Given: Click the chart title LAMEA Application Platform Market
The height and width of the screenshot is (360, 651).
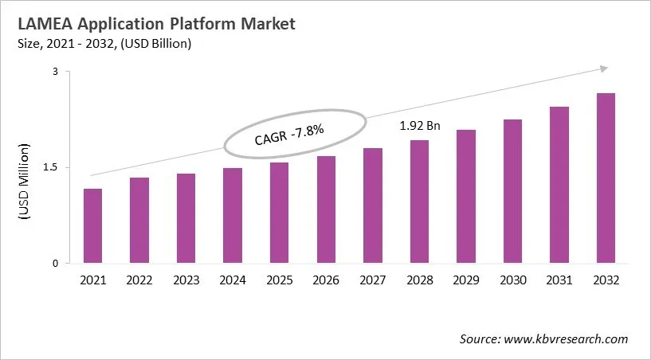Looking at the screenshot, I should (151, 24).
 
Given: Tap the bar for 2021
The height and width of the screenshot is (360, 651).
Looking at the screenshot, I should (92, 226).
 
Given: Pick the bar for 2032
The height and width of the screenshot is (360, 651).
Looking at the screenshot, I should (606, 178).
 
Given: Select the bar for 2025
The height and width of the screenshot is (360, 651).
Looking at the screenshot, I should (279, 213).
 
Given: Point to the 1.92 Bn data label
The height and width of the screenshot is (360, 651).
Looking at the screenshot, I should (419, 126).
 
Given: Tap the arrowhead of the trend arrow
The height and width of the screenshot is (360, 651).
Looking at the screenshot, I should (605, 69).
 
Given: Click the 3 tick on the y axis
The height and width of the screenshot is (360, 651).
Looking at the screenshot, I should (56, 72).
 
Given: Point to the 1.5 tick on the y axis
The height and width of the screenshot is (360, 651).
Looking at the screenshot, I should (51, 167).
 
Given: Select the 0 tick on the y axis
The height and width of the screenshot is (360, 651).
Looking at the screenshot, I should (56, 264).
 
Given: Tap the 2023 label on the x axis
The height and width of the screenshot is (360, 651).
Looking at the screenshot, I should (186, 280).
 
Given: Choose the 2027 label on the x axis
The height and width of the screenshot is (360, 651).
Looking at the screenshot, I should (372, 280).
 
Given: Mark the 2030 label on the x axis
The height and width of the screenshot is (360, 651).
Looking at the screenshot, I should (512, 280).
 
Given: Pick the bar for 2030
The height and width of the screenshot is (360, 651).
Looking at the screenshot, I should (512, 191).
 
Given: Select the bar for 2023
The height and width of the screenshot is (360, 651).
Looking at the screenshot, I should (186, 218).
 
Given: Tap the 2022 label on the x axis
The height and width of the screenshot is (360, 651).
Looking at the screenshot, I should (139, 280).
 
